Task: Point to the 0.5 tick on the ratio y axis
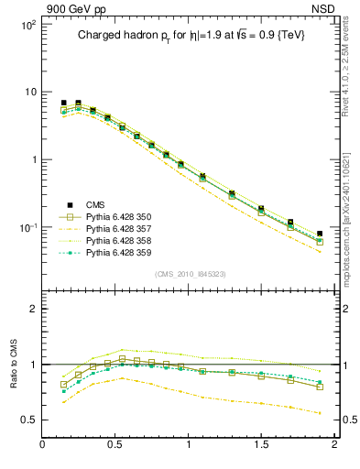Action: [27, 420]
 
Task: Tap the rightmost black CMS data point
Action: [320, 234]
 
